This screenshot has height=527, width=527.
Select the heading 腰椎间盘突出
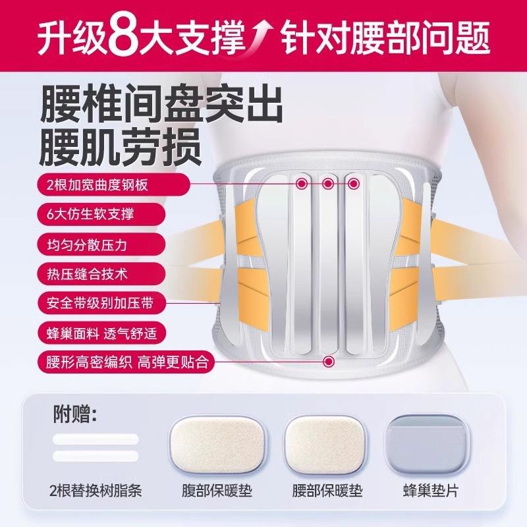coord(161,105)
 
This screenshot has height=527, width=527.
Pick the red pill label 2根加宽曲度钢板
coord(113,184)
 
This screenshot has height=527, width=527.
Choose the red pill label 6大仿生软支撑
coord(101,214)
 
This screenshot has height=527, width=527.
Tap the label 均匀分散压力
coord(101,244)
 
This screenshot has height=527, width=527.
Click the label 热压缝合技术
coord(101,274)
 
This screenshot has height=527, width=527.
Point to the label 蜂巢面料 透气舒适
coord(101,333)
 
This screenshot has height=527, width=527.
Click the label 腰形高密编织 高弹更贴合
coord(125,362)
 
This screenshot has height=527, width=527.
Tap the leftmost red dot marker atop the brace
coord(302,183)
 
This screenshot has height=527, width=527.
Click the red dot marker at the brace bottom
coord(329,361)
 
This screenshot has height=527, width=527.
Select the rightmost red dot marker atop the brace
coord(354,184)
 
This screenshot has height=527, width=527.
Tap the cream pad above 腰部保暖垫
coord(325,444)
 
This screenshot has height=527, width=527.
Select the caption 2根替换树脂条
coord(96,491)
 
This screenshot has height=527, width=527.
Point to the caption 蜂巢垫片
coord(431,491)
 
